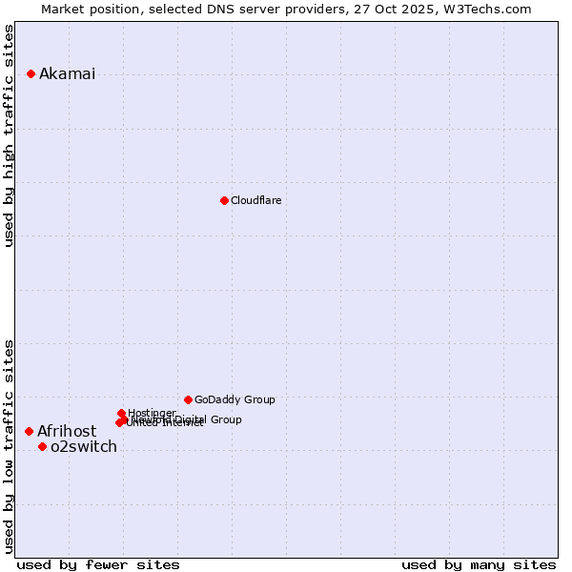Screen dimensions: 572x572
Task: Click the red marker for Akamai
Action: pyautogui.click(x=31, y=73)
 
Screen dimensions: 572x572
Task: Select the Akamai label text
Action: pyautogui.click(x=67, y=74)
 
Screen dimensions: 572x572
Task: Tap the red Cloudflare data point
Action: pyautogui.click(x=224, y=200)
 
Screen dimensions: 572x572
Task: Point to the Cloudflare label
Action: pyautogui.click(x=255, y=200)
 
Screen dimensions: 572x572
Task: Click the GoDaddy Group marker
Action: pyautogui.click(x=188, y=399)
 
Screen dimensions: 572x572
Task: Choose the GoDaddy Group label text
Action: pyautogui.click(x=235, y=399)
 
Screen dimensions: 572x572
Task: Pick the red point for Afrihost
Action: pyautogui.click(x=29, y=431)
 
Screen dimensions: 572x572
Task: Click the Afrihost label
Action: pyautogui.click(x=67, y=432)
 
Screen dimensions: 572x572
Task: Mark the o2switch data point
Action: pyautogui.click(x=42, y=446)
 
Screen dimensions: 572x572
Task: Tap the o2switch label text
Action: pyautogui.click(x=84, y=447)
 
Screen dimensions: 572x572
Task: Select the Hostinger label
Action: pyautogui.click(x=152, y=413)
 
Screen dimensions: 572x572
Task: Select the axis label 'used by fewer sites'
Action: pyautogui.click(x=98, y=564)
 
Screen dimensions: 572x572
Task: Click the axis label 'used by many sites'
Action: pyautogui.click(x=479, y=564)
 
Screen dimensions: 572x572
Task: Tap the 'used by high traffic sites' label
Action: pyautogui.click(x=10, y=136)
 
